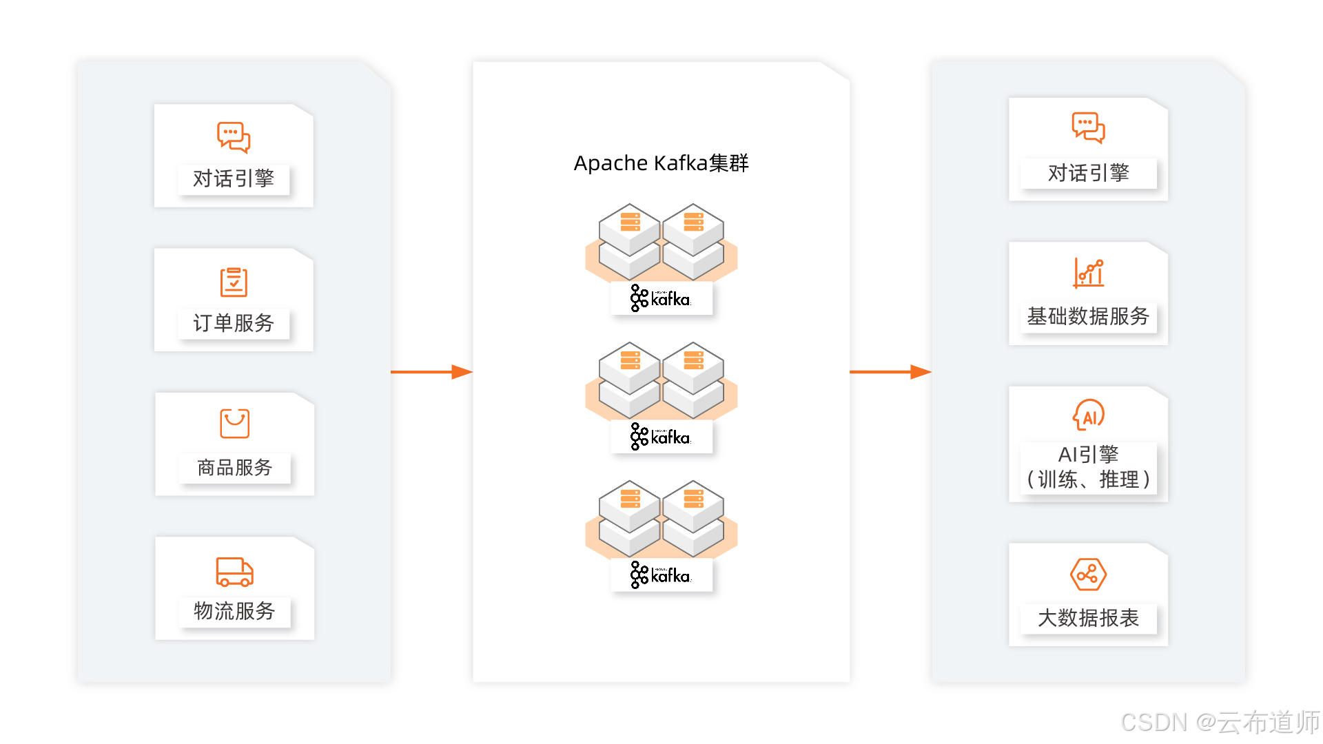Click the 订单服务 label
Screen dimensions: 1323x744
point(234,323)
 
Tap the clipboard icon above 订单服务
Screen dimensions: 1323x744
point(234,282)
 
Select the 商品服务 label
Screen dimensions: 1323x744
point(234,468)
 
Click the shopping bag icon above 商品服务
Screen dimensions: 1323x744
point(234,424)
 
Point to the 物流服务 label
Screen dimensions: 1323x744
point(234,611)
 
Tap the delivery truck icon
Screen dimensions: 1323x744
point(234,572)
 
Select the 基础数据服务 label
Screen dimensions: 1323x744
point(1088,316)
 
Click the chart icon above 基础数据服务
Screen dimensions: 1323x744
point(1088,273)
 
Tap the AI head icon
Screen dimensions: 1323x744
point(1089,415)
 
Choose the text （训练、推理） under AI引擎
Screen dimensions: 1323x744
point(1088,479)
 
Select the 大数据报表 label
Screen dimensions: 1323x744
point(1088,618)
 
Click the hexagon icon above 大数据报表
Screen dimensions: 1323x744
point(1088,575)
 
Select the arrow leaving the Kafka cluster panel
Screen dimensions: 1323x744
point(890,372)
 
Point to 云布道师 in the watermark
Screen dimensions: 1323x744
point(1268,722)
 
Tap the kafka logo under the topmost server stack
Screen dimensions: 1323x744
point(661,299)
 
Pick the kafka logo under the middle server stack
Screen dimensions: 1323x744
point(661,437)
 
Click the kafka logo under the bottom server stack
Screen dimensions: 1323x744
point(661,576)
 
